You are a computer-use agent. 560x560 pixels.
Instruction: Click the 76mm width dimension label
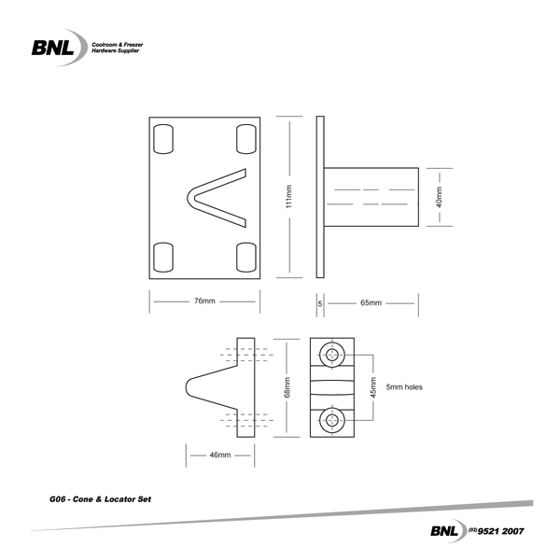tap(204, 301)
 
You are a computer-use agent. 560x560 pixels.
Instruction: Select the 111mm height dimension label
tap(288, 197)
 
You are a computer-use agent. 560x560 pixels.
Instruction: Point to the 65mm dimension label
tap(371, 302)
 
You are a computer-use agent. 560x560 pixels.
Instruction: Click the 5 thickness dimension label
tap(320, 302)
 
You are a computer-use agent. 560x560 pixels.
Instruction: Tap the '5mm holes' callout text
tap(407, 387)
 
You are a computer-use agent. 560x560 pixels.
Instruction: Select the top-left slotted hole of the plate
tap(162, 138)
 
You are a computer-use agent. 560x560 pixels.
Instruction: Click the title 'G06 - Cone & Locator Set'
tap(99, 500)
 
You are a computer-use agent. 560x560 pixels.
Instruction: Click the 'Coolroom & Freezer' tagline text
tap(116, 43)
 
